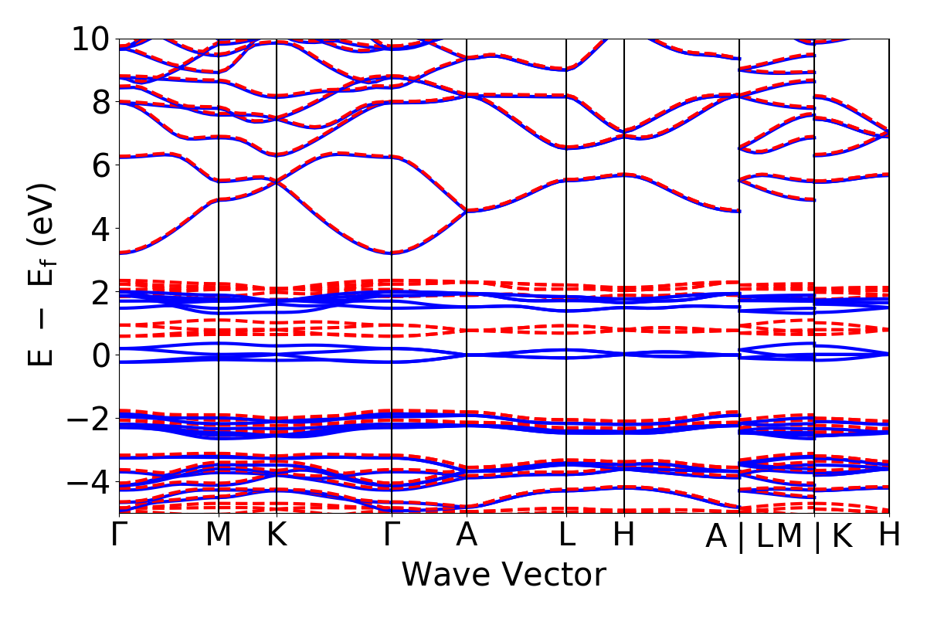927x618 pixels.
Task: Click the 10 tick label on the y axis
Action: (x=90, y=39)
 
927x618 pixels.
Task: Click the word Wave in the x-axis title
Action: (x=443, y=576)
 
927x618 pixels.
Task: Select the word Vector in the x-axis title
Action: (x=550, y=576)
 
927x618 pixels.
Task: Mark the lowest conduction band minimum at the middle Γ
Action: (x=392, y=253)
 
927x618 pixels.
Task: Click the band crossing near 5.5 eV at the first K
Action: (x=277, y=181)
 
